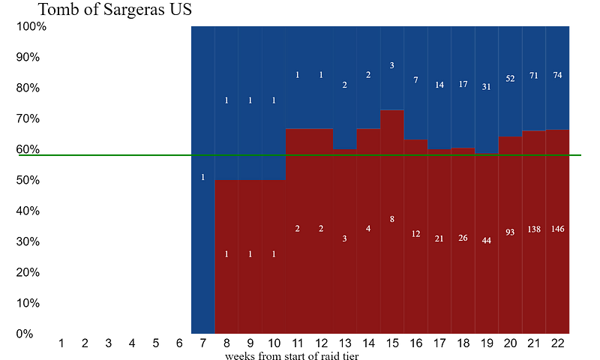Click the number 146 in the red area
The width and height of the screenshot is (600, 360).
[557, 229]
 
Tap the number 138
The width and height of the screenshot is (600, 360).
[534, 229]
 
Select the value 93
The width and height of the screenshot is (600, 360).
[510, 232]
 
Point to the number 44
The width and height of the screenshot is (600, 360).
[487, 241]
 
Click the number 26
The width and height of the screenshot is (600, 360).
[463, 238]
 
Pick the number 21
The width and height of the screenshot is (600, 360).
[439, 238]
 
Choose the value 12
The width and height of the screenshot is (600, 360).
[415, 234]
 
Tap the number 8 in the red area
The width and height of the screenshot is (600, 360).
[391, 219]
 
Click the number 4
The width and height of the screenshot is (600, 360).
[368, 229]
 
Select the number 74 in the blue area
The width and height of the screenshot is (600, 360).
[557, 75]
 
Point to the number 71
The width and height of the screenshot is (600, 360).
[534, 76]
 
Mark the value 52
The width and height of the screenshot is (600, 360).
[510, 79]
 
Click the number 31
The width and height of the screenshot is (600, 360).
[487, 87]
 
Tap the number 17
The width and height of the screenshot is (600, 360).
[463, 84]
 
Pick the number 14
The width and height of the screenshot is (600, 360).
[439, 85]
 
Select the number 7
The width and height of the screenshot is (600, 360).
[415, 80]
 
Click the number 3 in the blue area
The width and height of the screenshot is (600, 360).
[391, 65]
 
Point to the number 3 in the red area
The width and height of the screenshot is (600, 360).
[344, 238]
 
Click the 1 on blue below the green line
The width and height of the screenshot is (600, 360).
[202, 177]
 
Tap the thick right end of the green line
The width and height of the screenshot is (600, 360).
[577, 155]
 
